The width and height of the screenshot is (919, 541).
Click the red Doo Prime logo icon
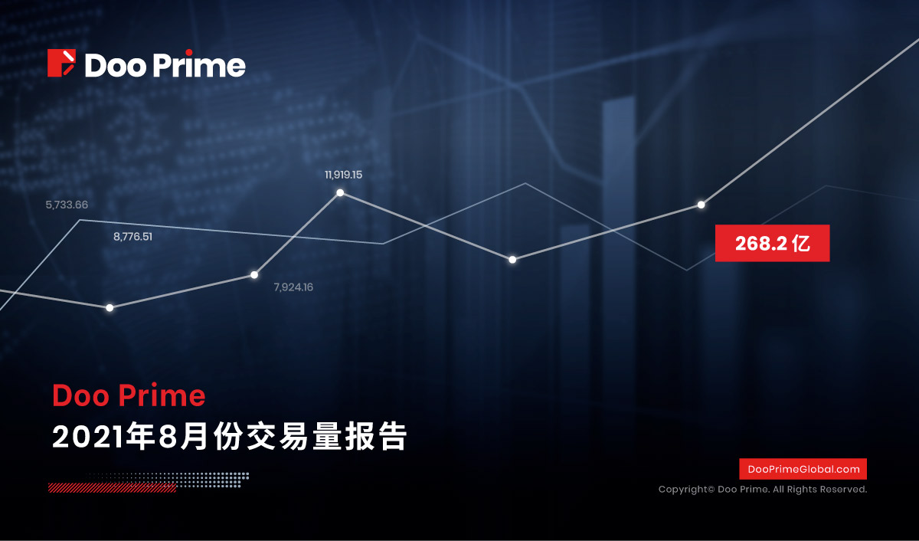pyautogui.click(x=61, y=63)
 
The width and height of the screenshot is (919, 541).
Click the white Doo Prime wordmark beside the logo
pyautogui.click(x=165, y=65)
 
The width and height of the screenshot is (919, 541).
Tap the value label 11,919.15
pyautogui.click(x=343, y=175)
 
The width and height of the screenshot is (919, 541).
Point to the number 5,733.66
pyautogui.click(x=67, y=205)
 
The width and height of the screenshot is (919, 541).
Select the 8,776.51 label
pyautogui.click(x=132, y=237)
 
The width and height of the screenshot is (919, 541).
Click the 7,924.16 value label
pyautogui.click(x=293, y=287)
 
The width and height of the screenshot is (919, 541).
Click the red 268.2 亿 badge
pyautogui.click(x=772, y=243)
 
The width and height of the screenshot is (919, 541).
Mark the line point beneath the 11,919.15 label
pyautogui.click(x=340, y=192)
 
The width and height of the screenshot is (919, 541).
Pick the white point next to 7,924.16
pyautogui.click(x=254, y=274)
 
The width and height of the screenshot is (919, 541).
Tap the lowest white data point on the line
pyautogui.click(x=110, y=308)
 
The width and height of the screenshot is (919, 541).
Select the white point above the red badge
pyautogui.click(x=702, y=205)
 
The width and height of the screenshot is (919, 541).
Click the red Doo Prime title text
pyautogui.click(x=129, y=395)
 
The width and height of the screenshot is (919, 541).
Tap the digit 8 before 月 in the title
pyautogui.click(x=168, y=437)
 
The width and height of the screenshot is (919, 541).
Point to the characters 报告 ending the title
pyautogui.click(x=376, y=436)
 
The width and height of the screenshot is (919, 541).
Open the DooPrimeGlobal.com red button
pyautogui.click(x=803, y=469)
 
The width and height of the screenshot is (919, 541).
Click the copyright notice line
pyautogui.click(x=763, y=490)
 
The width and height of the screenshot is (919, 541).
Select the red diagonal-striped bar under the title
pyautogui.click(x=112, y=487)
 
